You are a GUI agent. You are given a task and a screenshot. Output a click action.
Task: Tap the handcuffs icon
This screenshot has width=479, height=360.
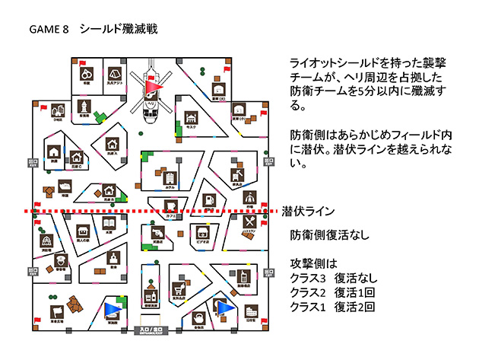pyautogui.click(x=87, y=75)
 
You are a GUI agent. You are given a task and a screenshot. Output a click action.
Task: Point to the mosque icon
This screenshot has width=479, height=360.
pyautogui.click(x=191, y=119)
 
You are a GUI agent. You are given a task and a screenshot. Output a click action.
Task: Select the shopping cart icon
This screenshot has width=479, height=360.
pyautogui.click(x=179, y=289)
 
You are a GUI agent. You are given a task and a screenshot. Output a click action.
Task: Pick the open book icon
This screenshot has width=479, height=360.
pyautogui.click(x=109, y=224)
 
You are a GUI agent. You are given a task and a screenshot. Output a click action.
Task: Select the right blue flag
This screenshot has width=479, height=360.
pyautogui.click(x=224, y=308)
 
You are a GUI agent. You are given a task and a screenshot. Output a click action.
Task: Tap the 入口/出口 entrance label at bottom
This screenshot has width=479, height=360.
pyautogui.click(x=151, y=330)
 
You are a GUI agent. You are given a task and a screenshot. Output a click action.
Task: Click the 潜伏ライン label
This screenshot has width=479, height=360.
pyautogui.click(x=309, y=211)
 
